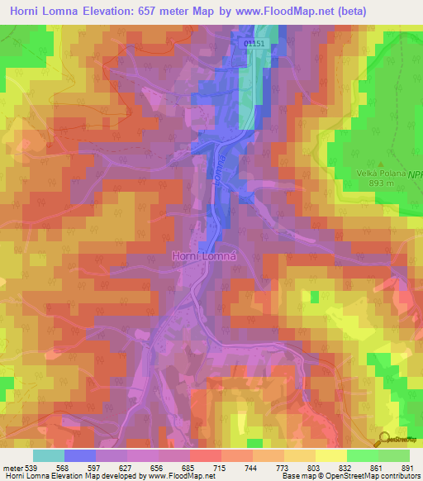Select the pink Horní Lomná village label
click(x=204, y=256)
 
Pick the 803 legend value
click(x=302, y=467)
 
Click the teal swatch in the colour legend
click(x=48, y=455)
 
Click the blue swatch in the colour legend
click(x=80, y=455)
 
